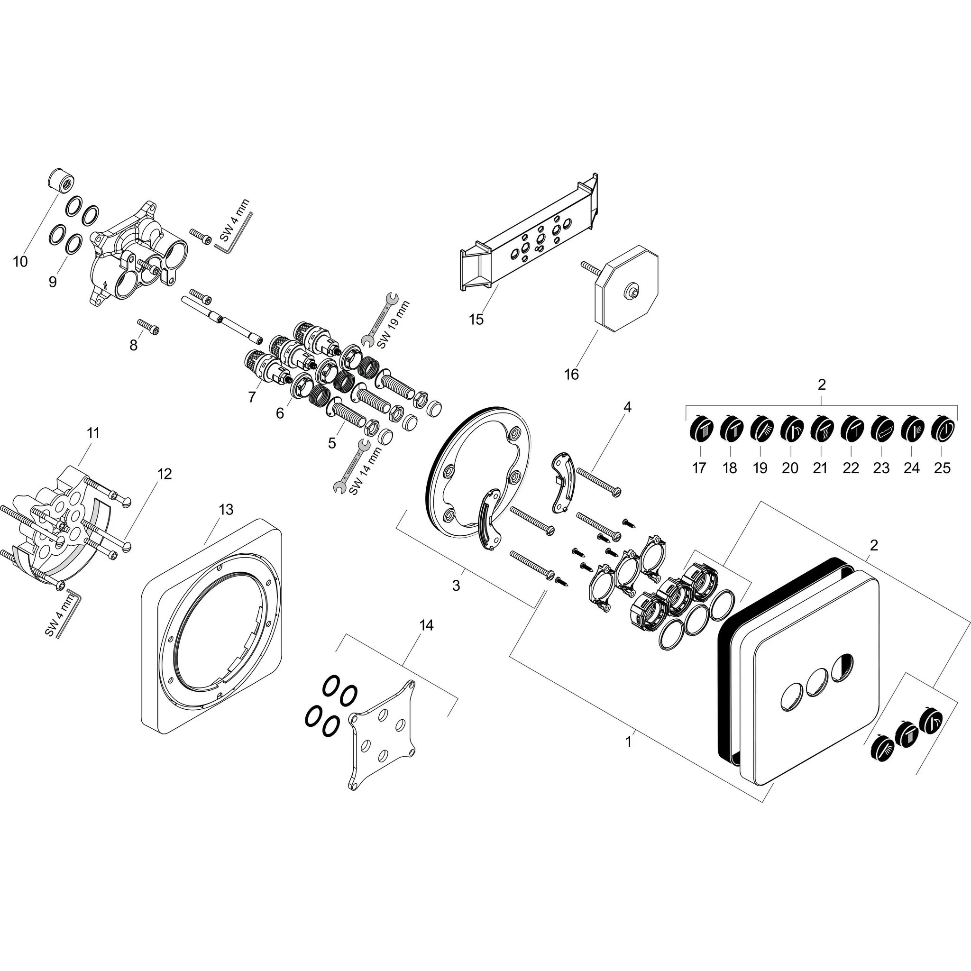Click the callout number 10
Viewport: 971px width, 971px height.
point(20,262)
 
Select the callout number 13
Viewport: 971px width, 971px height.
point(226,510)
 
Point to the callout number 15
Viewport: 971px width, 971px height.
point(476,319)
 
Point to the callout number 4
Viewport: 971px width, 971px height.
point(627,407)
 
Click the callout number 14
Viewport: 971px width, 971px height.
point(426,625)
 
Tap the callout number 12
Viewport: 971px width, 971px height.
point(165,474)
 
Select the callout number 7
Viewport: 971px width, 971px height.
point(252,397)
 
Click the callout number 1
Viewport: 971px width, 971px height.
point(628,742)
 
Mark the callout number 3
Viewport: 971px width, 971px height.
point(456,586)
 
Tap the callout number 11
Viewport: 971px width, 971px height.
point(93,433)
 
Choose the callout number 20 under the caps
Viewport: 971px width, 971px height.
point(789,468)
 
